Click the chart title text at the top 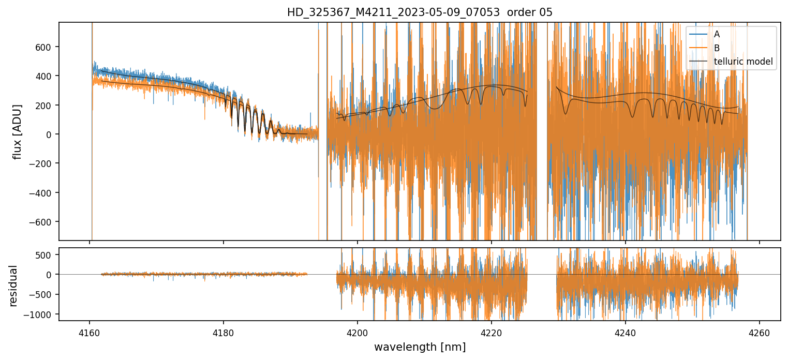[420, 12]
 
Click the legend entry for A [717, 35]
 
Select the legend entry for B [717, 48]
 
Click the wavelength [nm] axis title [420, 347]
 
